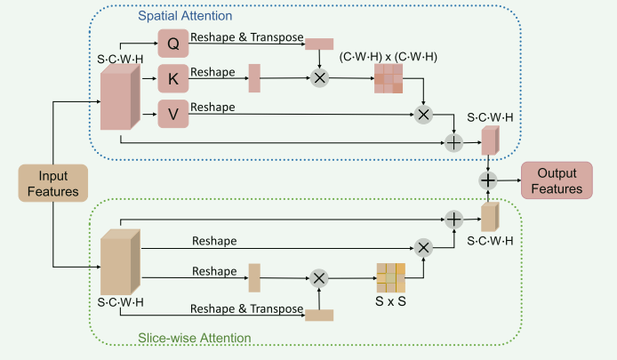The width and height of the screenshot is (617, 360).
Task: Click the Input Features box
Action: click(52, 183)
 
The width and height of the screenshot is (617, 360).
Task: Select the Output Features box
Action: click(557, 180)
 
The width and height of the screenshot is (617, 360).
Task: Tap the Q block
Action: click(174, 41)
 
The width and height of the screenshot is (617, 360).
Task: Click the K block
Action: click(174, 78)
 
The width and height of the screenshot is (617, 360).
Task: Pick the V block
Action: click(174, 114)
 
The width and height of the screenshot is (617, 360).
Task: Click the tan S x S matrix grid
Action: click(389, 277)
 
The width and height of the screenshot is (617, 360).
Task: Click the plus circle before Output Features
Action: click(488, 180)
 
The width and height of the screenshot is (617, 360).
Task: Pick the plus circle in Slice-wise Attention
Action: click(454, 218)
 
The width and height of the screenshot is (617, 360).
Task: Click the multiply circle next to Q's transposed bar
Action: click(318, 78)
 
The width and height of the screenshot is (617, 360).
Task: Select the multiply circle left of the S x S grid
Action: click(318, 277)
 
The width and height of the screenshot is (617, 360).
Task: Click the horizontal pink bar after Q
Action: click(318, 43)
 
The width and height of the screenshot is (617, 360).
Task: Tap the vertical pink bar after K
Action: click(254, 78)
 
